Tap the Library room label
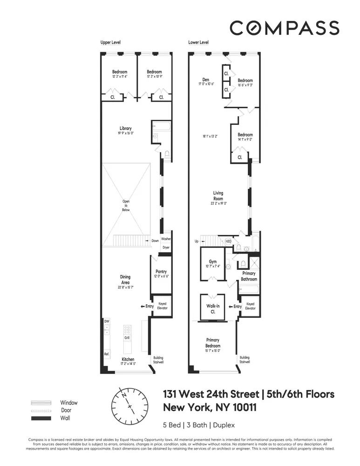pos(125,128)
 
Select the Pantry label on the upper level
pos(161,272)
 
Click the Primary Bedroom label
pos(213,343)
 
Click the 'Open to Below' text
pos(126,206)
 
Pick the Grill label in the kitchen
pos(127,337)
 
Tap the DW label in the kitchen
pos(107,322)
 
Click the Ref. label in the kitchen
pos(107,354)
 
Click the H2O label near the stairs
pos(228,241)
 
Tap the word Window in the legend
pos(69,403)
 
